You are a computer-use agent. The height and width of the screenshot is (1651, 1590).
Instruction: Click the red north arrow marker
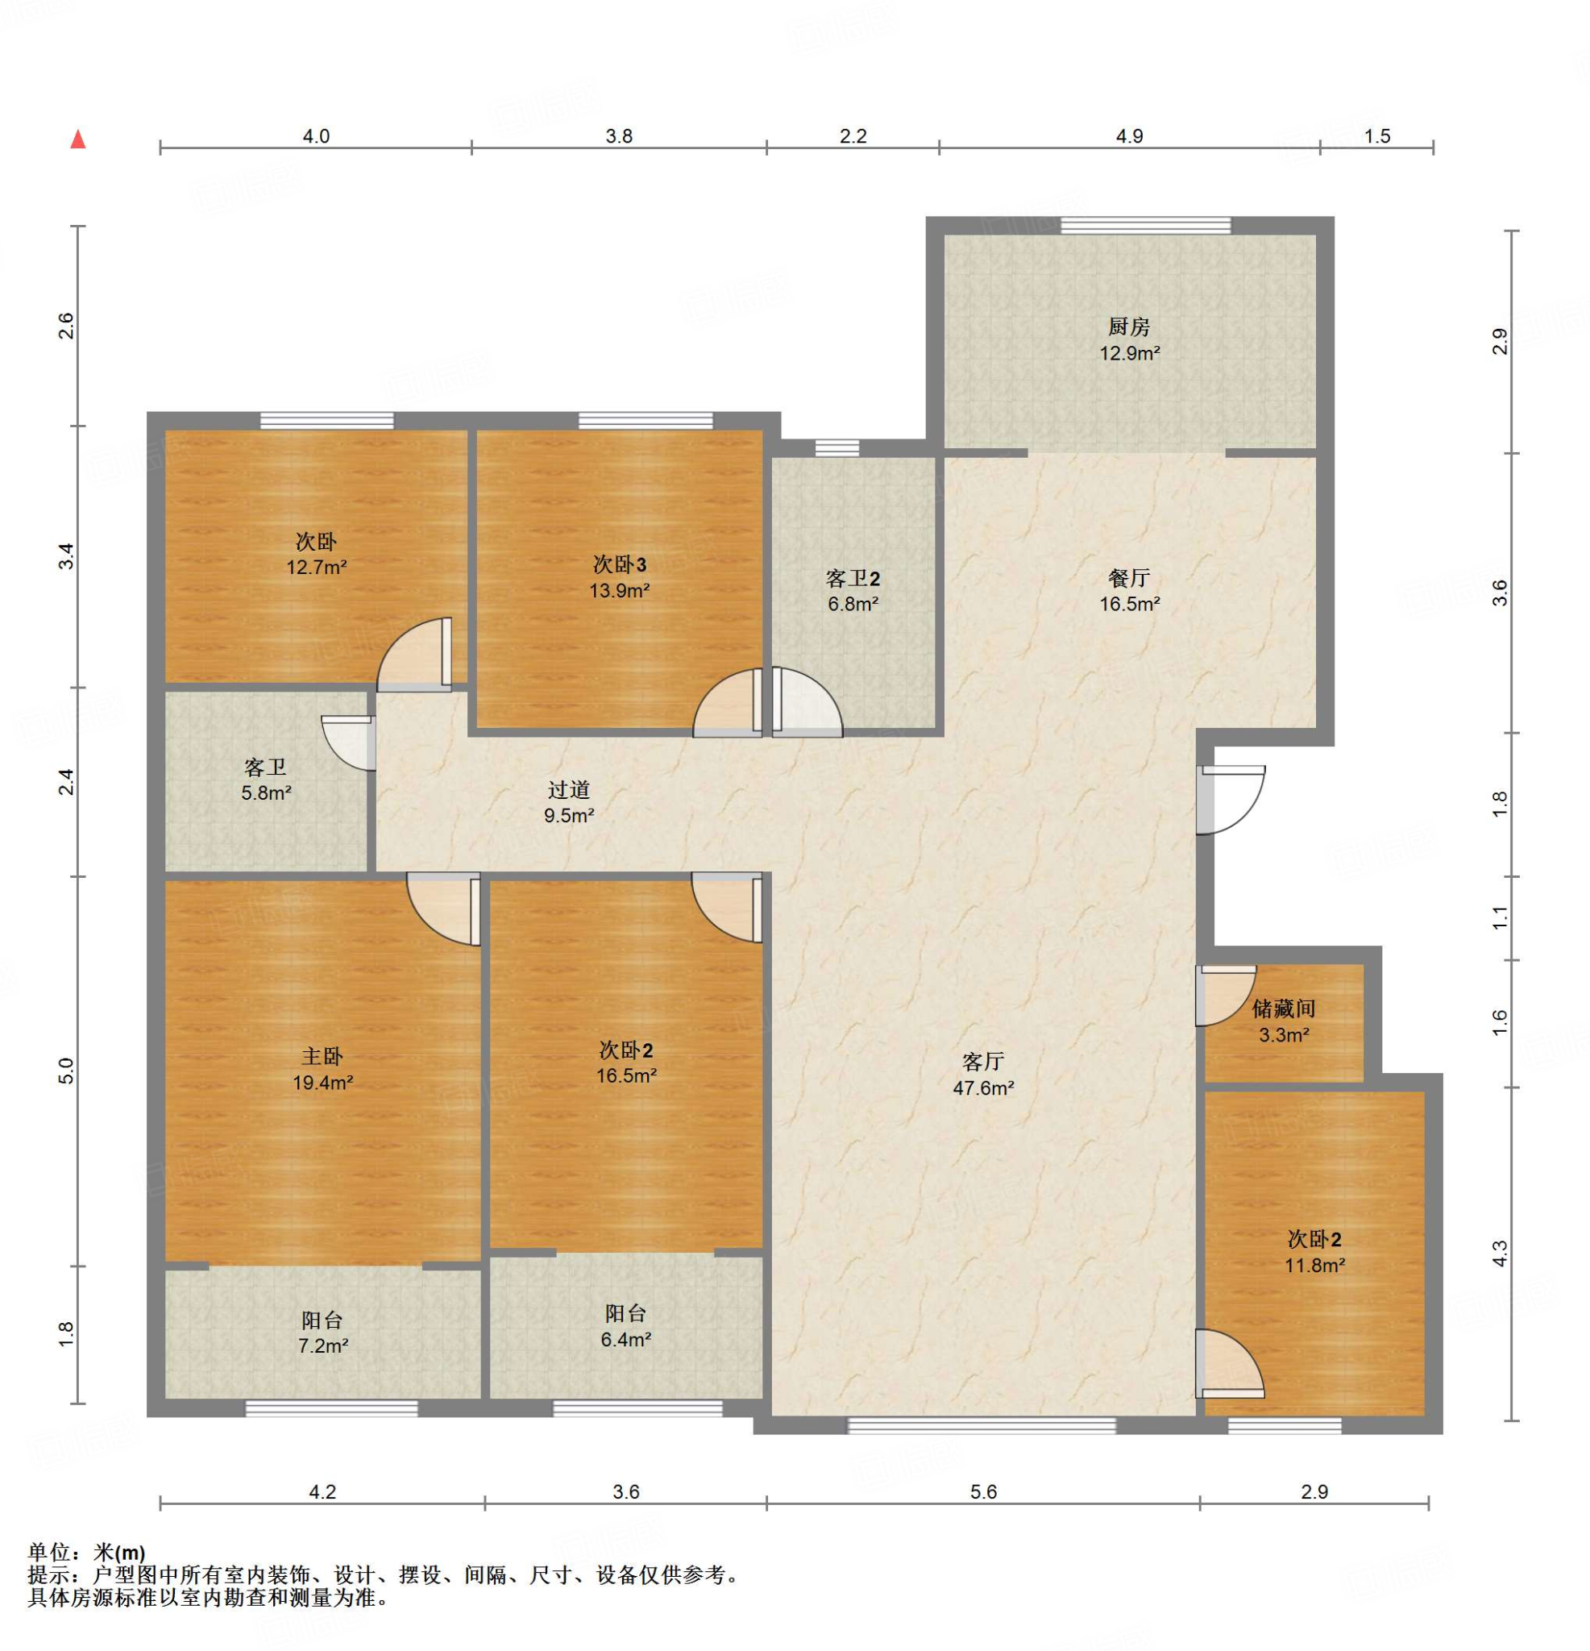coord(78,139)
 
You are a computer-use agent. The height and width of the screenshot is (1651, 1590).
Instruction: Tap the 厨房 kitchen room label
coord(1128,326)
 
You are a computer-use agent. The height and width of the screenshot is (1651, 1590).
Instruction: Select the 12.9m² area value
coord(1129,353)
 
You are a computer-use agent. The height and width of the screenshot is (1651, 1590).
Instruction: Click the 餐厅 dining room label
coord(1128,578)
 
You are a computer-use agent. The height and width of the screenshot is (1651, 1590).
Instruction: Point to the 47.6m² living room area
coord(983,1087)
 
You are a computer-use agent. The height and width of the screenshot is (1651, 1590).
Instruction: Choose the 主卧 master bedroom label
coord(322,1056)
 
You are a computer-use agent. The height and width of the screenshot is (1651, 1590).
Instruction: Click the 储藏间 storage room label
coord(1284,1008)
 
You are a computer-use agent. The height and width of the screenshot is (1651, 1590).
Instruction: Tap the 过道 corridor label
coord(568,789)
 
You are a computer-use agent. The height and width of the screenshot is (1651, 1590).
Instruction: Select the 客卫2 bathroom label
coord(853,579)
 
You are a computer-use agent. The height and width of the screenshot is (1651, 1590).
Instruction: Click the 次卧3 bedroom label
coord(619,564)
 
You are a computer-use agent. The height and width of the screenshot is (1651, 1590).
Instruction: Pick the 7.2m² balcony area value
coord(322,1346)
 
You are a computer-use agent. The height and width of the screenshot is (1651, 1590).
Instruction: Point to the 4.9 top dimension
coord(1129,136)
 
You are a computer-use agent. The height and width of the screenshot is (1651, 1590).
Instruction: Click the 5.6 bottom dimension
coord(983,1492)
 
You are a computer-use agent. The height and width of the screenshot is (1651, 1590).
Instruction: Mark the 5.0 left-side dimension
coord(67,1071)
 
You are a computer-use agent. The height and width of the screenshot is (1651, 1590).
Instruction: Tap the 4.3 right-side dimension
coord(1499,1254)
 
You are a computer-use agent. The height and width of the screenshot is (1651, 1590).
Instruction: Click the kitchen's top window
coord(1145,225)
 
